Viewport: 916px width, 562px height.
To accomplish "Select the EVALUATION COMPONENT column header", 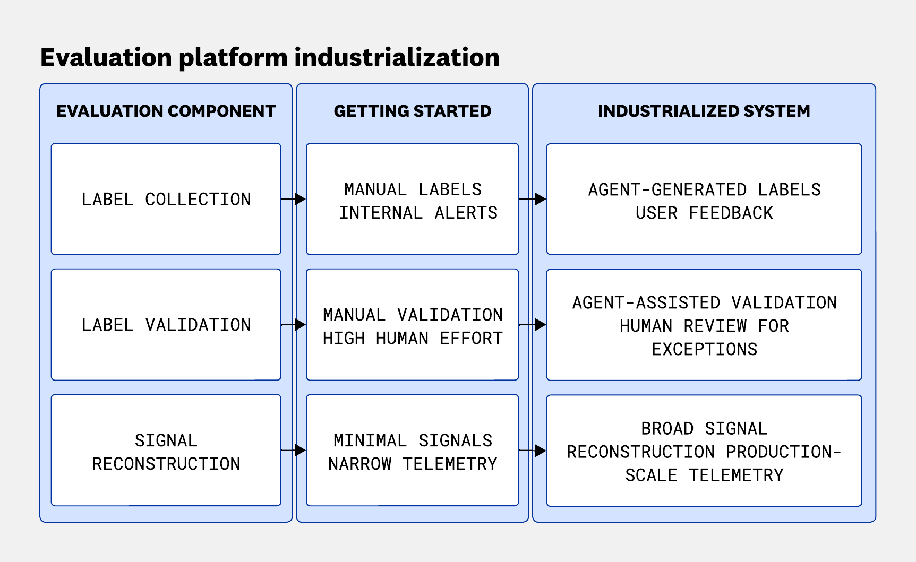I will click(x=166, y=111).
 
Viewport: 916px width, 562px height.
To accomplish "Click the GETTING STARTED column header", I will click(x=413, y=111).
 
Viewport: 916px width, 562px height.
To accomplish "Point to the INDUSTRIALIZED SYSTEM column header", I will click(x=704, y=111).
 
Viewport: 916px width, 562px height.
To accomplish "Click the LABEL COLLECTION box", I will click(x=166, y=199).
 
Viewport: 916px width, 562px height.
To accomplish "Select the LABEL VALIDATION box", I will click(x=166, y=325).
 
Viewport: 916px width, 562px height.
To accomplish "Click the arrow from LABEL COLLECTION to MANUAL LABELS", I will click(x=294, y=199).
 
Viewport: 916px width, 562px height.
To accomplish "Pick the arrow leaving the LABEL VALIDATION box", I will click(x=294, y=324).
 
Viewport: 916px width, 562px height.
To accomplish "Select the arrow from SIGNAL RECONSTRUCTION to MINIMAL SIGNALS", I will click(x=294, y=451).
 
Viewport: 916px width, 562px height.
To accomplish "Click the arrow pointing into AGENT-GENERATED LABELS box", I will click(x=533, y=199).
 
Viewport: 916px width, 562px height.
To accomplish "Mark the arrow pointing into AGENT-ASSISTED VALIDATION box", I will click(x=533, y=324).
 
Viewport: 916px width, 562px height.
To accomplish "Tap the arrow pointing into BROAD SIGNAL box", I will click(x=533, y=451).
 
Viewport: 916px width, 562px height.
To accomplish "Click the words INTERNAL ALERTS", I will click(x=418, y=213).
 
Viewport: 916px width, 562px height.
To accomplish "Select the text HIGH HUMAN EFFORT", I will click(x=413, y=339).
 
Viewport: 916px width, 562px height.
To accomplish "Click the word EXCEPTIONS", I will click(x=704, y=349).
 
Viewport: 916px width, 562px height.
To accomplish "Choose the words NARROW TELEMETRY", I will click(x=413, y=464).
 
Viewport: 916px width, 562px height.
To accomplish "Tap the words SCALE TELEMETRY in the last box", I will click(x=704, y=475).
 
